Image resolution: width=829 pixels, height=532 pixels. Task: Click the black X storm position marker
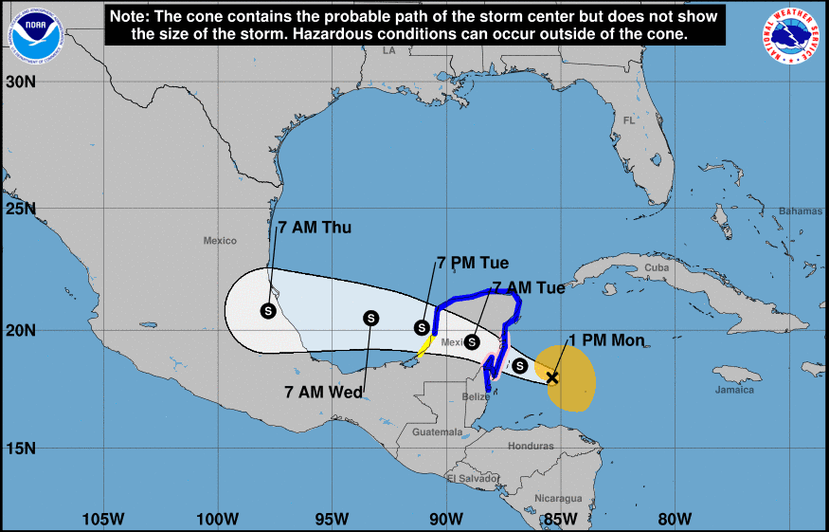pyautogui.click(x=552, y=377)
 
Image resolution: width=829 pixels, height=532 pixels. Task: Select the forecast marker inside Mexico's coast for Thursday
pyautogui.click(x=268, y=310)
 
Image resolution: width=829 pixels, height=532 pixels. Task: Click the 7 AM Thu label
pyautogui.click(x=314, y=229)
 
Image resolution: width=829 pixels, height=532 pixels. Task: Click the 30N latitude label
pyautogui.click(x=20, y=82)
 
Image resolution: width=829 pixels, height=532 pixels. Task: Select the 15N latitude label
pyautogui.click(x=20, y=448)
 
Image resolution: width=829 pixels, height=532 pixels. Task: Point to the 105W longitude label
pyautogui.click(x=103, y=519)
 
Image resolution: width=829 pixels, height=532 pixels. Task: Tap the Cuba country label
pyautogui.click(x=657, y=267)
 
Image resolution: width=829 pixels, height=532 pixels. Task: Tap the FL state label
pyautogui.click(x=629, y=120)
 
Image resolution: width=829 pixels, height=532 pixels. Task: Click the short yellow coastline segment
pyautogui.click(x=425, y=347)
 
